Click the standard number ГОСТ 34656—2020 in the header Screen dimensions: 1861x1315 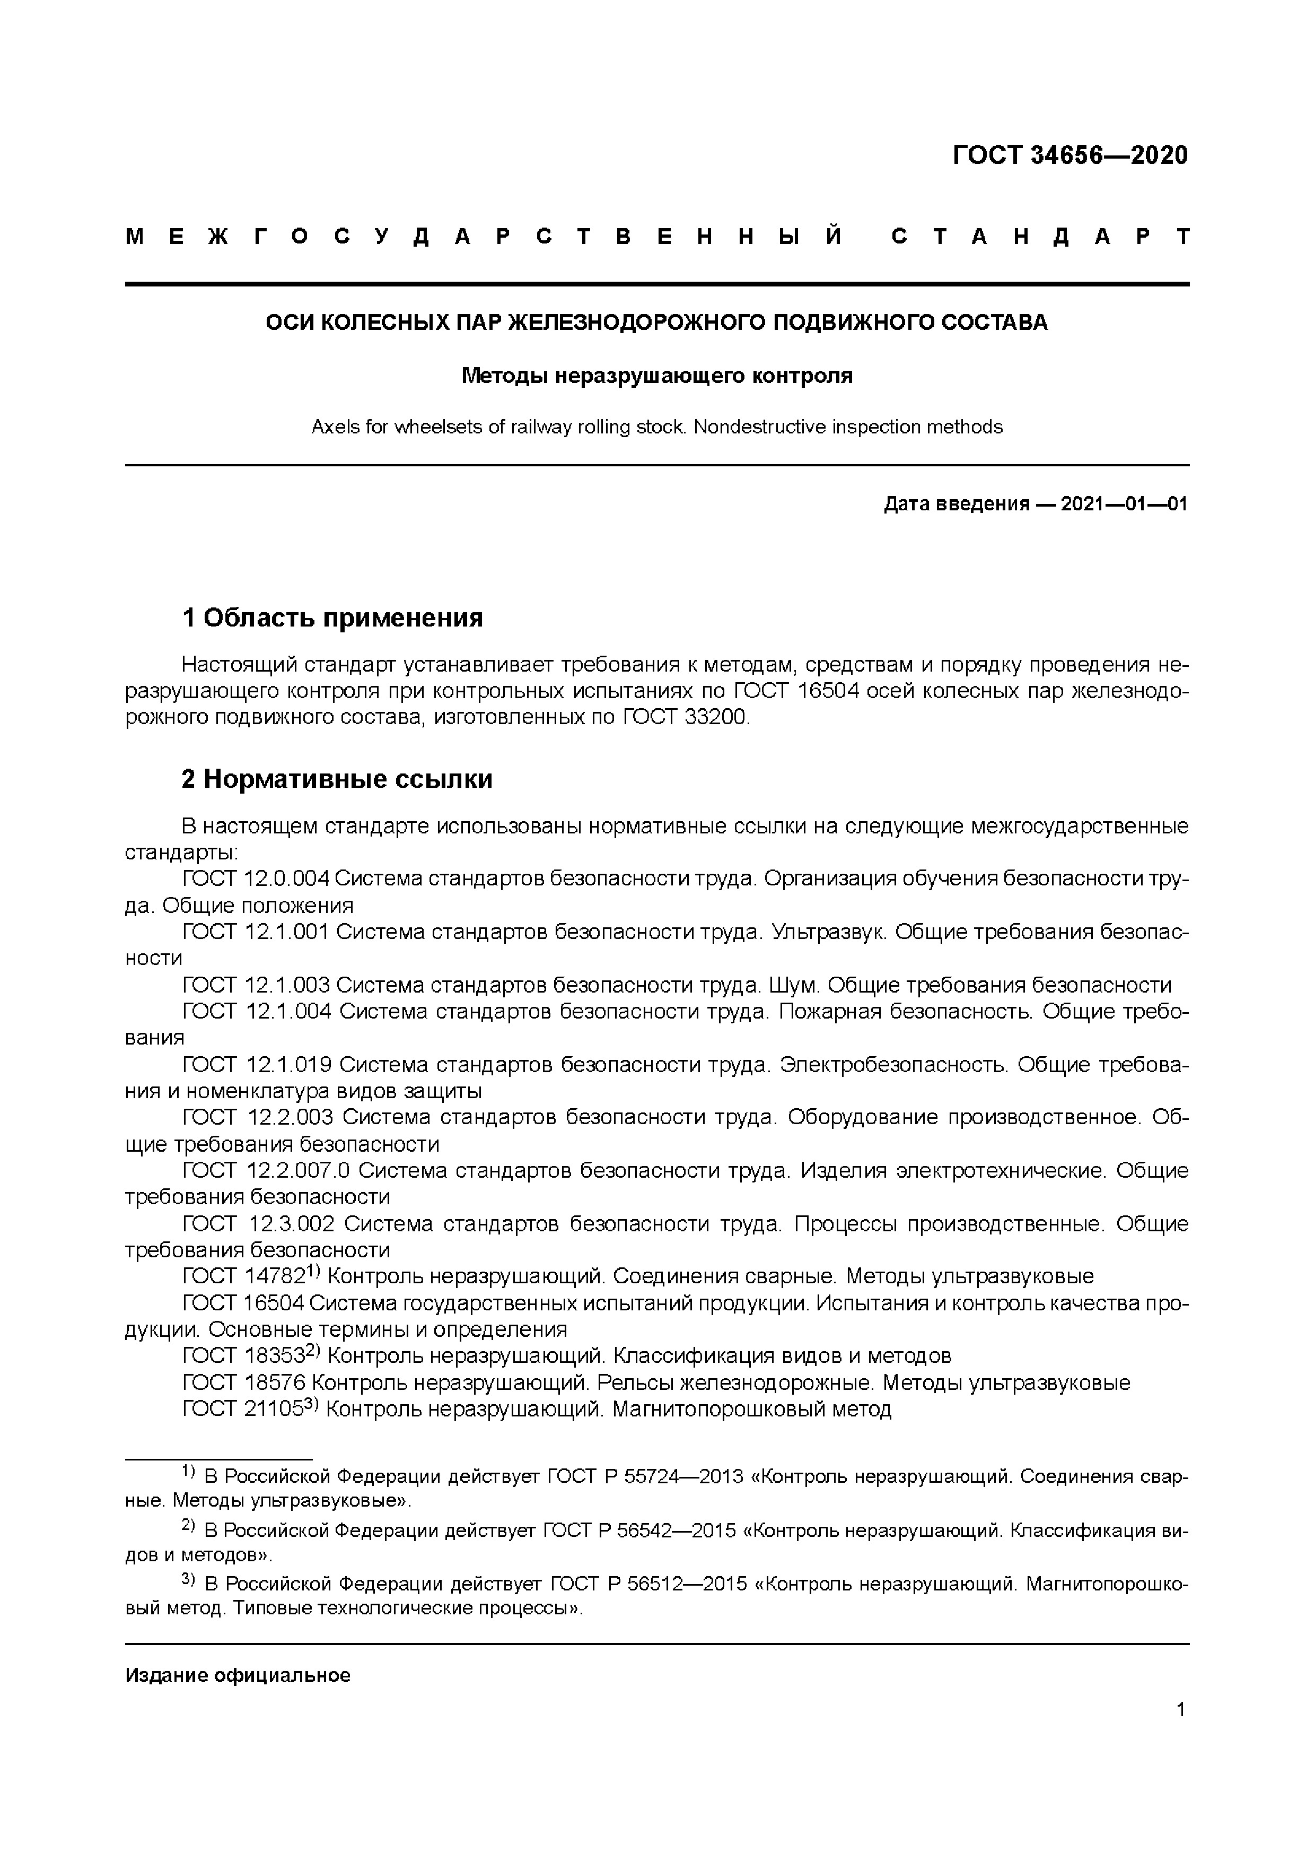point(1069,155)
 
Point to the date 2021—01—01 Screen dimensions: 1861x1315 point(1124,504)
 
